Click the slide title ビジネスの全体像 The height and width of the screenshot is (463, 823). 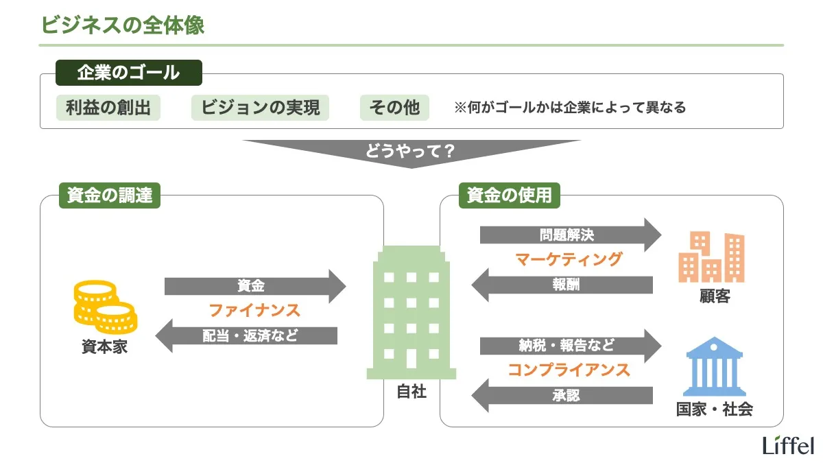[x=123, y=25]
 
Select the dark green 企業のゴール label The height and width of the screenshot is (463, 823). [x=128, y=73]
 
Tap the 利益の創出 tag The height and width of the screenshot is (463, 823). [x=108, y=108]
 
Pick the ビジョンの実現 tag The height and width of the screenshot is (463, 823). [x=260, y=108]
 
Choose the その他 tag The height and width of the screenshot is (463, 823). [x=394, y=108]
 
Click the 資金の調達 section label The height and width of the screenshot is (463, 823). [x=109, y=195]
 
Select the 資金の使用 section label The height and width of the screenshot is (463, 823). [x=509, y=195]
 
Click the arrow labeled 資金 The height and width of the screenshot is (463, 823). [x=254, y=286]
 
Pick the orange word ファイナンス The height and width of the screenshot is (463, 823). [x=254, y=310]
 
